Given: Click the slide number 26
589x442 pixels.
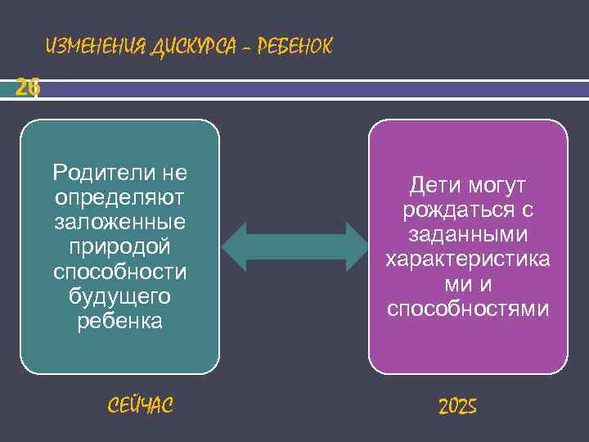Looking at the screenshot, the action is [27, 88].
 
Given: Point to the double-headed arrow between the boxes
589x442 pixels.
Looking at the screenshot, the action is [295, 246].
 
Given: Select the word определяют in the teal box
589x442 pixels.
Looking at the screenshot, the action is [119, 197].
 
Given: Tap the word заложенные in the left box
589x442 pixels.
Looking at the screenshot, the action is [119, 222].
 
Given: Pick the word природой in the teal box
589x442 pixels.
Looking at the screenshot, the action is [119, 246].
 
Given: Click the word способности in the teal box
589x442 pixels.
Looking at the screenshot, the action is [119, 271].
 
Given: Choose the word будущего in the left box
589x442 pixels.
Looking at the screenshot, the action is [119, 295].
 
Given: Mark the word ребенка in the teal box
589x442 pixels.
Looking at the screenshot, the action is [119, 321].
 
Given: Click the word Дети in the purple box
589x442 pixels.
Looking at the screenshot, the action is [433, 186].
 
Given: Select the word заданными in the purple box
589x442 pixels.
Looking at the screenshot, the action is [468, 235].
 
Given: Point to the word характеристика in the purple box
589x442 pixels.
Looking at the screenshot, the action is [468, 259].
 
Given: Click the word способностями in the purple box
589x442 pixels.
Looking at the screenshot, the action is [468, 309].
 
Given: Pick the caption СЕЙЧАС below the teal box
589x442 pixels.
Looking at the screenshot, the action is [140, 404].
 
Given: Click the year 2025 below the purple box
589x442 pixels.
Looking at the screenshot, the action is [457, 406].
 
